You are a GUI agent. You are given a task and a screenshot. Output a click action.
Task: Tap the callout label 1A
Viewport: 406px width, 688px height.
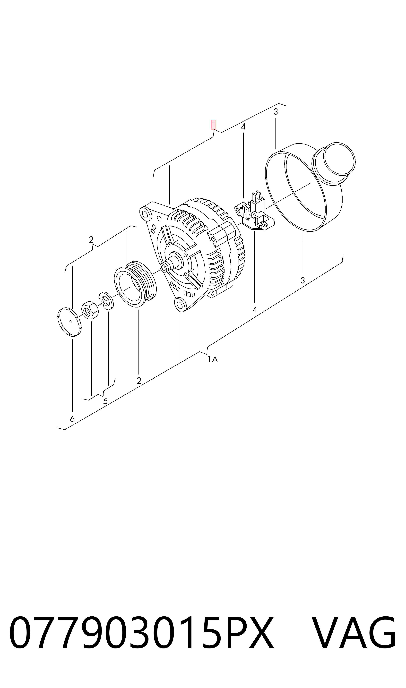click(213, 359)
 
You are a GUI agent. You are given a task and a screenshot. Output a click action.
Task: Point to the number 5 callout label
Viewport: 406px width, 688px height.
click(105, 401)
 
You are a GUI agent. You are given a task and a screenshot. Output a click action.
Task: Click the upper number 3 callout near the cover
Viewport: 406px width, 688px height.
click(276, 112)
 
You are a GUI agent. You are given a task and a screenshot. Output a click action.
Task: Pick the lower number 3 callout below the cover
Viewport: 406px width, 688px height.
click(303, 280)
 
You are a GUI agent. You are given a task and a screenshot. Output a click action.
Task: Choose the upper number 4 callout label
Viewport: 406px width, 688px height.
click(243, 127)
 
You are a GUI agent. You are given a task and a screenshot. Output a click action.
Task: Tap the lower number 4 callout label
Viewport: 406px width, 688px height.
click(255, 310)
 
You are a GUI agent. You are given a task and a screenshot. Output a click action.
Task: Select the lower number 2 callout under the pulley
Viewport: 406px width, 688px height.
click(139, 381)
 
